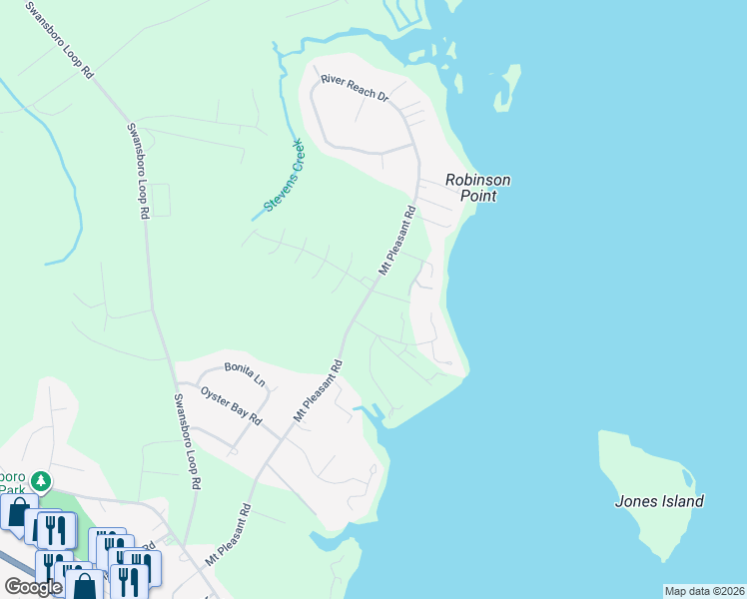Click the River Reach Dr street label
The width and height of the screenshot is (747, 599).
[x=354, y=87]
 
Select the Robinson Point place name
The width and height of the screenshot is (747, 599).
[x=477, y=188]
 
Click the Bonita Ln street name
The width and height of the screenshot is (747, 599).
[x=245, y=373]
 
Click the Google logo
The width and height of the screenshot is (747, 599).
[x=32, y=587]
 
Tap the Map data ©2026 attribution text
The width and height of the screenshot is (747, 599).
[x=703, y=591]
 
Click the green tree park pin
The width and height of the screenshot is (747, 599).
[x=41, y=481]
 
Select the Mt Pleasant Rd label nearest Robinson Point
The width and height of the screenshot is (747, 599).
[x=396, y=241]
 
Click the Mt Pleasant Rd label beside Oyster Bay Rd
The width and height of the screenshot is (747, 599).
[x=318, y=389]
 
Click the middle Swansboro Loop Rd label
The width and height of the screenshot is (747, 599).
[x=137, y=170]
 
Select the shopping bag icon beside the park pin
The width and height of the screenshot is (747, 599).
[x=17, y=512]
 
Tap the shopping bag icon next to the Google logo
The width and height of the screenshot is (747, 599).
[x=84, y=584]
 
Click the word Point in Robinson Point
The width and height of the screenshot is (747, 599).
[x=477, y=197]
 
